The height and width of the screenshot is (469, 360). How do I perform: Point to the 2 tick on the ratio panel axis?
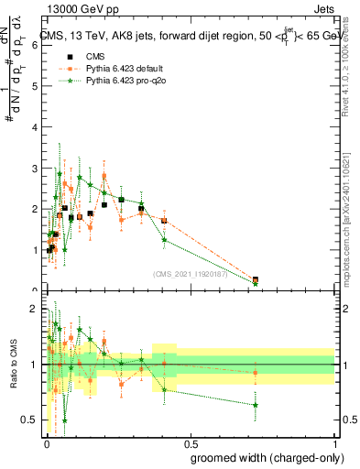coord(36,310)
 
